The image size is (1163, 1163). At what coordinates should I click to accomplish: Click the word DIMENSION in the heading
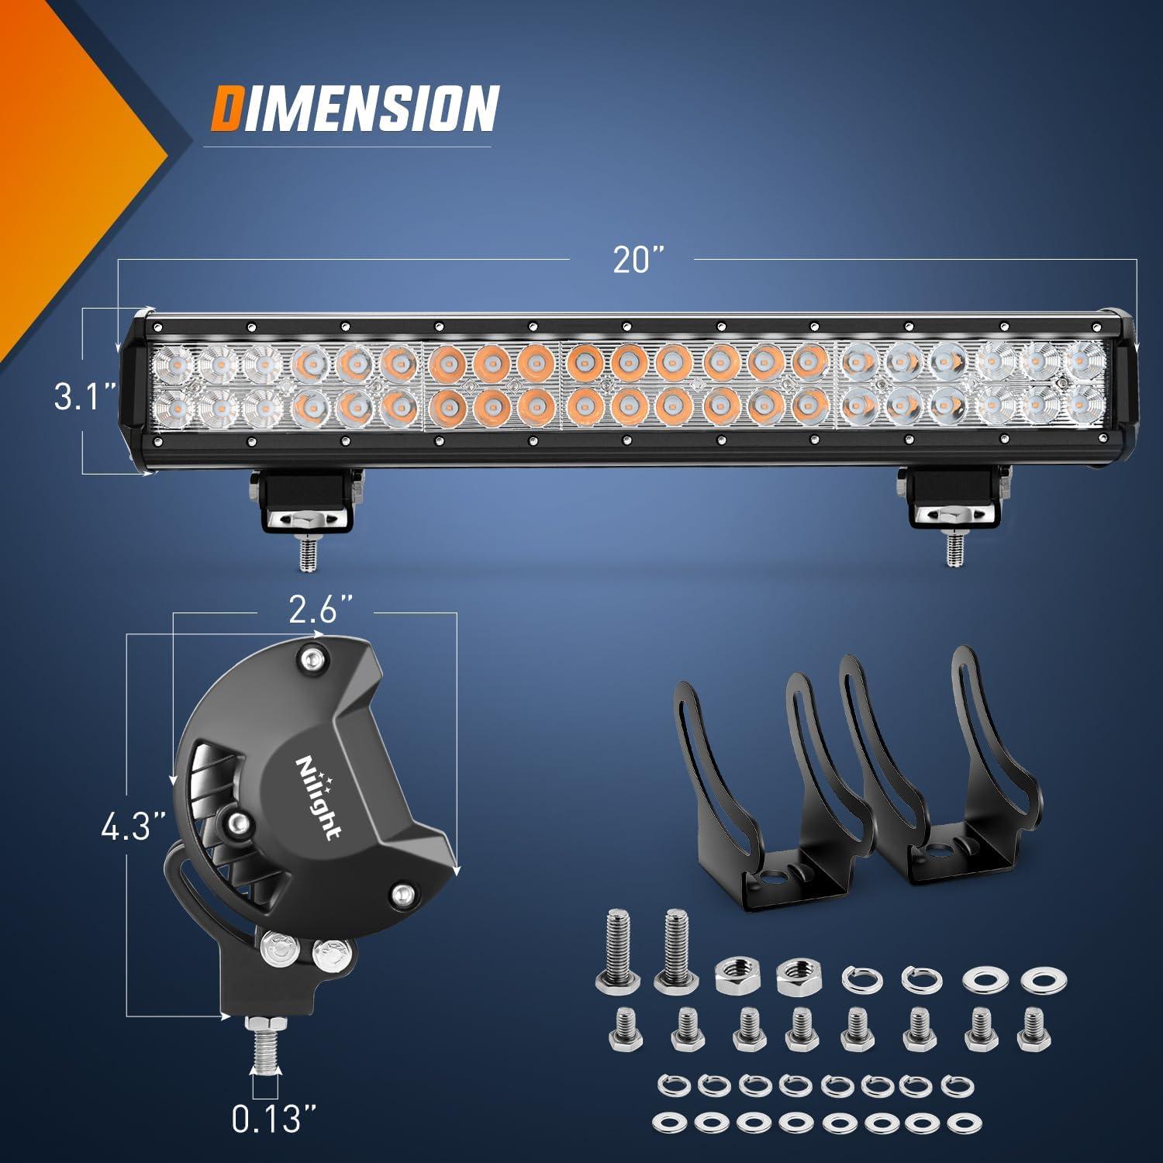[354, 108]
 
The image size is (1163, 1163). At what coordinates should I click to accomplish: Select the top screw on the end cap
[312, 658]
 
